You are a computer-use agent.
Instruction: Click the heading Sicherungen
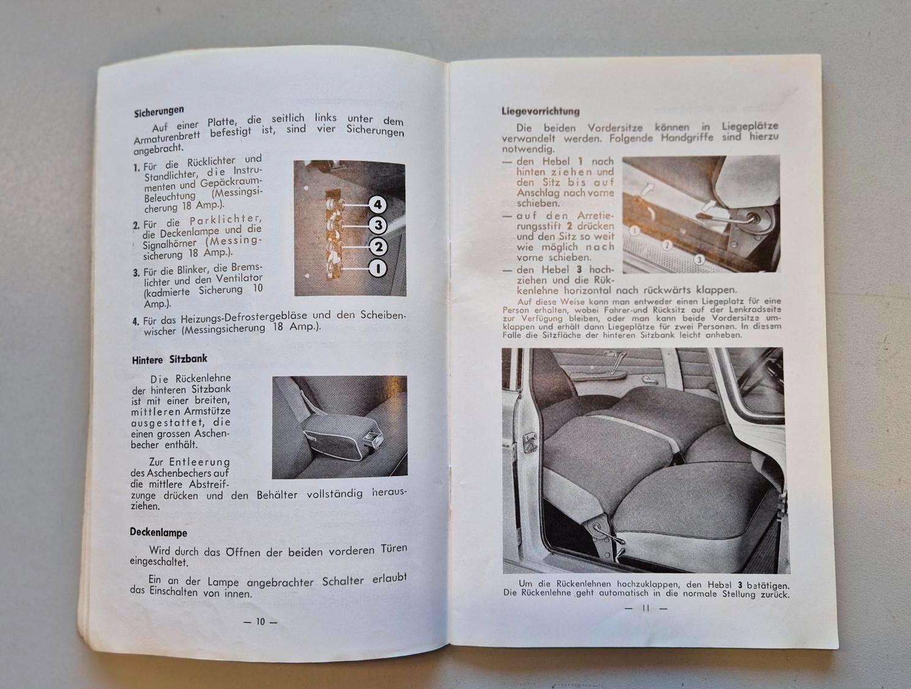coord(158,111)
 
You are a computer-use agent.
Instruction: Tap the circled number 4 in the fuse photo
coord(377,204)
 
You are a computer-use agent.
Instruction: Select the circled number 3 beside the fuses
coord(378,225)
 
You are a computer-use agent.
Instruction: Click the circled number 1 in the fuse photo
coord(378,268)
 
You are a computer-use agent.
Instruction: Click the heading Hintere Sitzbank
coord(169,359)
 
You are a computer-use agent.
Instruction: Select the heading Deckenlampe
coord(158,532)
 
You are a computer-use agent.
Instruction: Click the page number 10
coord(260,621)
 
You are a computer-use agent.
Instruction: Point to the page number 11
coord(646,608)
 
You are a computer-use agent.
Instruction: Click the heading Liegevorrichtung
coord(540,111)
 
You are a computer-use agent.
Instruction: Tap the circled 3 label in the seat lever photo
coord(699,260)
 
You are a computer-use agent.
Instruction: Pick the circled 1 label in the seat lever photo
coord(634,231)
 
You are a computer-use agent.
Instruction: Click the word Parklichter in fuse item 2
coord(225,219)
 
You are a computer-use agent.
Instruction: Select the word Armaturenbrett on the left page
coord(167,137)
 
